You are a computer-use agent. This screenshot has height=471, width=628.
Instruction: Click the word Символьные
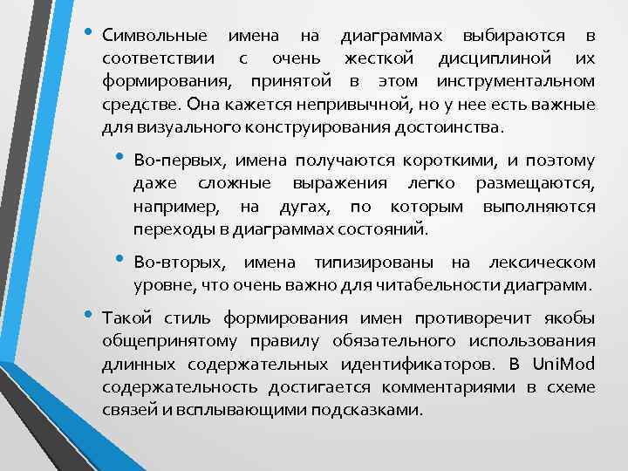tap(154, 37)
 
